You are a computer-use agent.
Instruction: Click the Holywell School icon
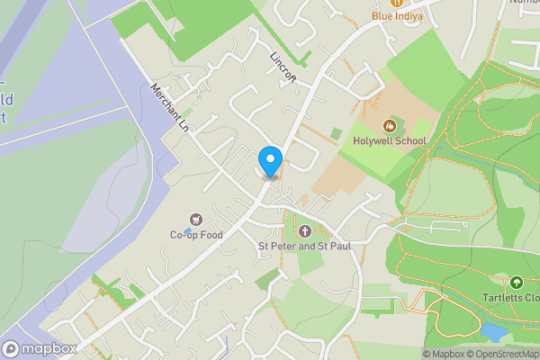coord(390,125)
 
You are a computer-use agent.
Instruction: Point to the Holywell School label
coord(390,140)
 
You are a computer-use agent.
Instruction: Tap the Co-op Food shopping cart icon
coord(195,220)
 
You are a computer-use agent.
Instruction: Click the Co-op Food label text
coord(195,235)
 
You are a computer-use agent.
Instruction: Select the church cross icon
coord(303,231)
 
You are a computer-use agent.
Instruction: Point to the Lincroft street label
coord(283,66)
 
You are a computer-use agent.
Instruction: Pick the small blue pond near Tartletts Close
coord(492,332)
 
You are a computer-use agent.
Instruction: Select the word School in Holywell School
coord(410,140)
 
